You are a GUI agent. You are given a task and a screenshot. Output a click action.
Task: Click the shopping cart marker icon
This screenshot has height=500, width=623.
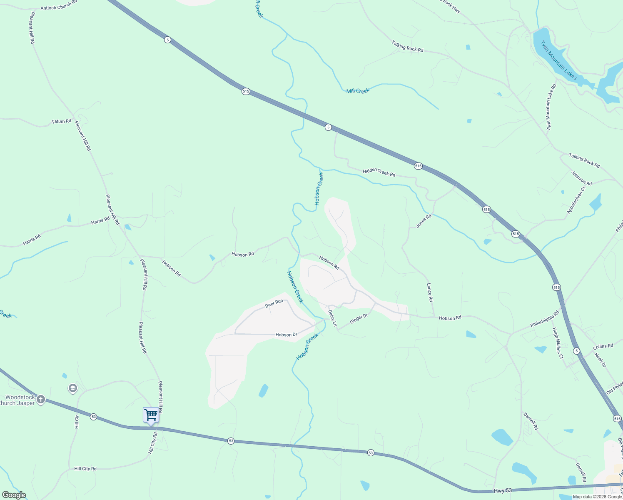[x=151, y=415]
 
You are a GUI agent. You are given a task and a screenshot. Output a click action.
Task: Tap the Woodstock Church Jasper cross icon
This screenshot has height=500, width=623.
[x=40, y=400]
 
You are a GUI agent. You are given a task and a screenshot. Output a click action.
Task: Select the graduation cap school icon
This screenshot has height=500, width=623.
[x=72, y=389]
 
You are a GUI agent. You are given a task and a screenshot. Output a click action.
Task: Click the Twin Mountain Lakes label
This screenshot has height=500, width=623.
[x=558, y=60]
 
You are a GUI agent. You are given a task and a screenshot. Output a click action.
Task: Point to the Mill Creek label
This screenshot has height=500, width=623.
[x=358, y=90]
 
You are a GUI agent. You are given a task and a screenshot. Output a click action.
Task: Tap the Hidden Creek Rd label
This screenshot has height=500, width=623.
[x=379, y=172]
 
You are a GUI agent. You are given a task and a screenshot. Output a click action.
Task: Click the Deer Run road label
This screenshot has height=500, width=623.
[x=274, y=304]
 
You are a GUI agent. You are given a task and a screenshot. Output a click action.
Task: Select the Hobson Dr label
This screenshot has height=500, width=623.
[x=286, y=335]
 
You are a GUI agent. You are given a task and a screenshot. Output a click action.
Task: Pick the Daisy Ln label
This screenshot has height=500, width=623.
[x=332, y=318]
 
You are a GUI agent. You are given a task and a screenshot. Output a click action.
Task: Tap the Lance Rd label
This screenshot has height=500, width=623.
[x=430, y=292]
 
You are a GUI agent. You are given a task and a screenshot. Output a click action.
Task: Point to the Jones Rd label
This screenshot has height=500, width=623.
[x=424, y=221]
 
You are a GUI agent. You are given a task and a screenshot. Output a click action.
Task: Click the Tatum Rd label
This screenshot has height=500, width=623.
[x=61, y=122]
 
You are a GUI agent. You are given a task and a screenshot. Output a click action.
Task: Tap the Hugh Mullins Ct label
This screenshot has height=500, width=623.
[x=558, y=343]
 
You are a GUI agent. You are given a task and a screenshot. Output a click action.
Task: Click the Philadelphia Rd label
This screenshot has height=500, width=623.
[x=545, y=319]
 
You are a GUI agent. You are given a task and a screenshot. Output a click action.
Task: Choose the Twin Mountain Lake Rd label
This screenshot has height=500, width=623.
[x=551, y=107]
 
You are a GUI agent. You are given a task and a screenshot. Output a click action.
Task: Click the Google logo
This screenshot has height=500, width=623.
[x=14, y=495]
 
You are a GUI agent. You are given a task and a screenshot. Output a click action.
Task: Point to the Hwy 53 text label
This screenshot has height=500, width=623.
[x=502, y=491]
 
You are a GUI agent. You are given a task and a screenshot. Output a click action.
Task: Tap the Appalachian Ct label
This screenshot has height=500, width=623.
[x=576, y=200]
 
